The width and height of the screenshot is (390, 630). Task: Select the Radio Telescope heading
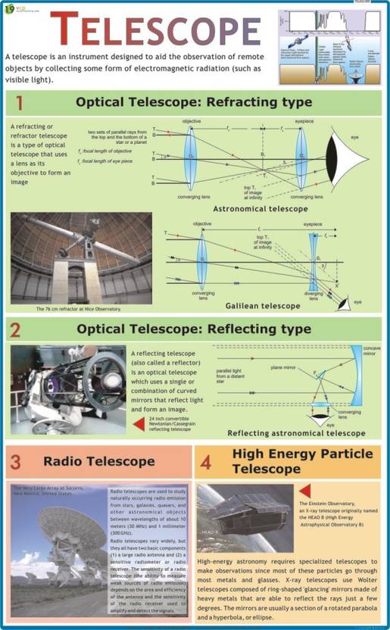98,460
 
